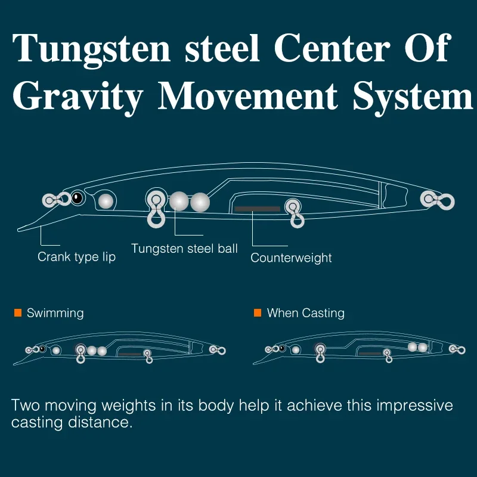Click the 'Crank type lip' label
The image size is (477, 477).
[x=76, y=257]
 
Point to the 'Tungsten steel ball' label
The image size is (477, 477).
[x=184, y=248]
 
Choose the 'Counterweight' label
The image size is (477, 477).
[x=291, y=258]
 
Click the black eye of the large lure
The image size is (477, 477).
[x=77, y=198]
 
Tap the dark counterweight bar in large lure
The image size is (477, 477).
[x=257, y=209]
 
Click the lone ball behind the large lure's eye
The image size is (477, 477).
[x=106, y=201]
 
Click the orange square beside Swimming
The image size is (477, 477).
[x=17, y=313]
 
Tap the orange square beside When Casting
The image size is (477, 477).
[x=258, y=313]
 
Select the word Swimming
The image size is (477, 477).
[x=55, y=313]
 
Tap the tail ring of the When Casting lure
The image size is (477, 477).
[x=456, y=349]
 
